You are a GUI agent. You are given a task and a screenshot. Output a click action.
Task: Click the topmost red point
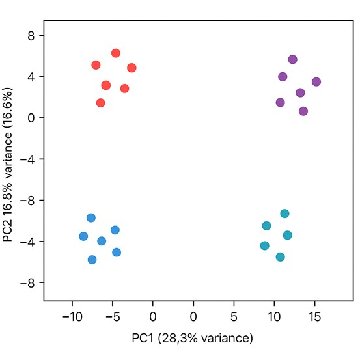tap(116, 53)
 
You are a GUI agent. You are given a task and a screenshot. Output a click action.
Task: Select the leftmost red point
tap(96, 65)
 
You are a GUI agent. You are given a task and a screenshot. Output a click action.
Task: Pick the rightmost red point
tap(132, 68)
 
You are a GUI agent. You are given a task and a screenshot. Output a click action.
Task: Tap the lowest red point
tap(101, 103)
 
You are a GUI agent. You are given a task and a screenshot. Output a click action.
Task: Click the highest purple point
tap(292, 59)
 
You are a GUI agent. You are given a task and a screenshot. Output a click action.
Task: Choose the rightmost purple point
tap(316, 82)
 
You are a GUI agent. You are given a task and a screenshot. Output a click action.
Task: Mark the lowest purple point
tap(303, 111)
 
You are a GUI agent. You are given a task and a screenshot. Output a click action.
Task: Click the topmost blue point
tap(91, 217)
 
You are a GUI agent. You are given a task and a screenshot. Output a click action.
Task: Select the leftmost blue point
tap(83, 236)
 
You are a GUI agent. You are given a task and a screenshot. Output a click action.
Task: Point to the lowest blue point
tap(92, 260)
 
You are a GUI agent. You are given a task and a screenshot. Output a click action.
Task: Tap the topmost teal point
tap(284, 214)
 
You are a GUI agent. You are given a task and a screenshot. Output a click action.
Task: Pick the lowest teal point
tap(281, 257)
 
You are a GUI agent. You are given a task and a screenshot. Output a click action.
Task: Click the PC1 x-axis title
tap(192, 338)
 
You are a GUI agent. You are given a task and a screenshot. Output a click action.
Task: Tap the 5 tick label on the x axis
tap(234, 316)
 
